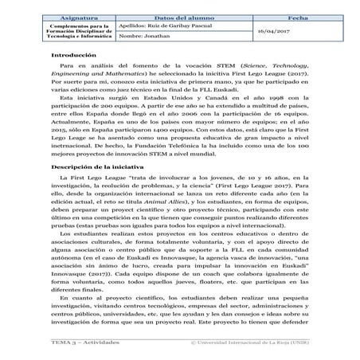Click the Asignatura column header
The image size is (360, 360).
pos(79,16)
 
